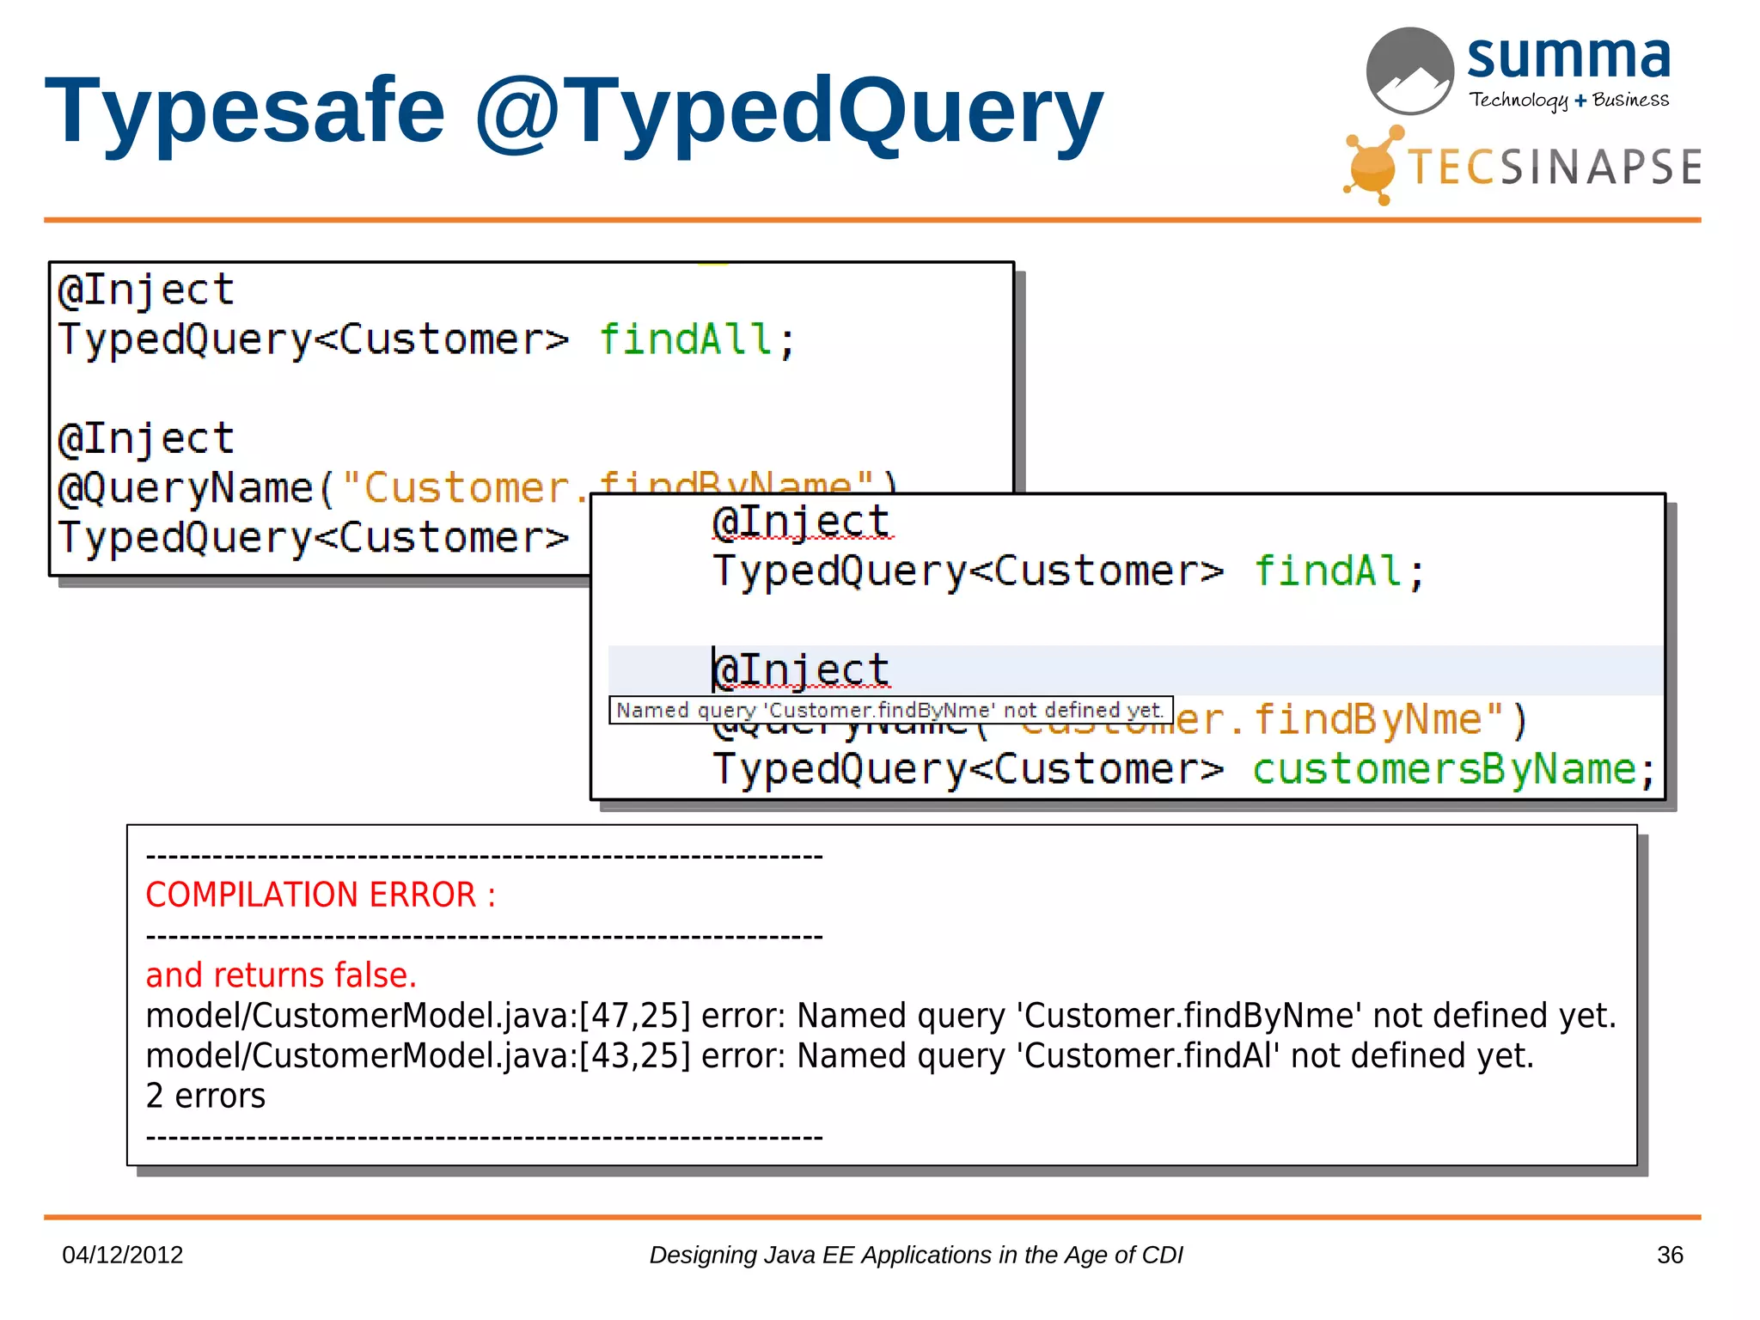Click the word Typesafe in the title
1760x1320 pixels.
pyautogui.click(x=245, y=112)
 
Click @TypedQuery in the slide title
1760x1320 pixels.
pyautogui.click(x=788, y=112)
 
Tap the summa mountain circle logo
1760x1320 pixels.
pyautogui.click(x=1409, y=70)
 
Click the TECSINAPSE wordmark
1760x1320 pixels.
pyautogui.click(x=1554, y=167)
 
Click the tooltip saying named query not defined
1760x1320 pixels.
pyautogui.click(x=890, y=710)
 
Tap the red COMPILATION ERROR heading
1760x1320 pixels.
pyautogui.click(x=320, y=895)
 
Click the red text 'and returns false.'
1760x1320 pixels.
pyautogui.click(x=281, y=975)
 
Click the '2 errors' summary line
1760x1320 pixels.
pyautogui.click(x=205, y=1096)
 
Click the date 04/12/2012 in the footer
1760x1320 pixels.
pyautogui.click(x=123, y=1255)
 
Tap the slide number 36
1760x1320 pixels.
pyautogui.click(x=1669, y=1255)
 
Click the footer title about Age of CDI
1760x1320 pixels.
pyautogui.click(x=915, y=1255)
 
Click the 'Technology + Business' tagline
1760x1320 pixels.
pyautogui.click(x=1568, y=101)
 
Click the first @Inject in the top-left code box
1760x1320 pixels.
pyautogui.click(x=146, y=290)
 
